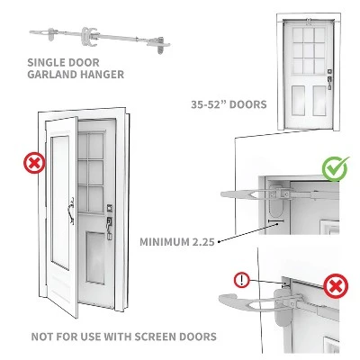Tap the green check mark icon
(x=336, y=167)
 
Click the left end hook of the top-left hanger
(x=36, y=34)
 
